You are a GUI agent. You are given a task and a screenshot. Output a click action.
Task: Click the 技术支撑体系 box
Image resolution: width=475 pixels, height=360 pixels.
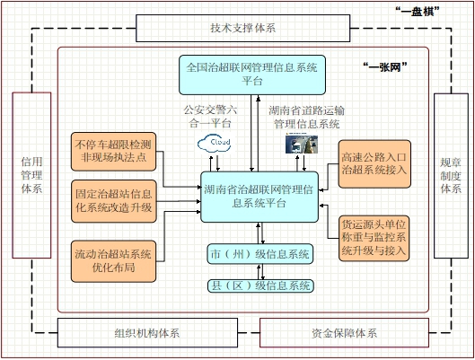243,28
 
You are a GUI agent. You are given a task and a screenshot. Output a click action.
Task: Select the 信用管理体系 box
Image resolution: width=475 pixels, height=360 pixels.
31,175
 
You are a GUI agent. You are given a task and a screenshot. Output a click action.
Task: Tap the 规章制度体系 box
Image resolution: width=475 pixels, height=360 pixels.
451,176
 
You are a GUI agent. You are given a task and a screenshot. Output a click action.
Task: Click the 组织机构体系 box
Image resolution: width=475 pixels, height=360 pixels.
147,333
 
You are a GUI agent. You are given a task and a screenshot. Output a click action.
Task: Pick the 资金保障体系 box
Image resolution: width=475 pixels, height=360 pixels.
345,333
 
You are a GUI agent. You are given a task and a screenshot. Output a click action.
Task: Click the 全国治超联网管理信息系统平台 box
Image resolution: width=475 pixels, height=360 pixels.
252,75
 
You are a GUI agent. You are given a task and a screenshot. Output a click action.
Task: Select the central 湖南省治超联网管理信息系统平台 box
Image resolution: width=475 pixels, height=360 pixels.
259,197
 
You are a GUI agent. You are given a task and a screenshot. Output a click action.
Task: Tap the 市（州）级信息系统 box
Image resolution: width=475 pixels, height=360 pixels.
259,254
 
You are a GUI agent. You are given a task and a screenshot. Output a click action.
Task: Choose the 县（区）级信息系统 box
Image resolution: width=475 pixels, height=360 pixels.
260,285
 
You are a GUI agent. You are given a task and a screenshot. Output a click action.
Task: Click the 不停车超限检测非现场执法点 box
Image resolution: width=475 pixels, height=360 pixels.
114,152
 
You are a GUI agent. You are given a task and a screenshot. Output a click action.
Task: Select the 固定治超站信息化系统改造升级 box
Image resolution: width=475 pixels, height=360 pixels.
114,201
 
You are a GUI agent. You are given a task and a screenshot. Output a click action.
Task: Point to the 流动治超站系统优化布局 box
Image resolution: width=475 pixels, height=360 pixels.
114,261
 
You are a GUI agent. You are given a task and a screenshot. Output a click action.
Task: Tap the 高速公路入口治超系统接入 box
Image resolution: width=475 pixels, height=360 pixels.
374,163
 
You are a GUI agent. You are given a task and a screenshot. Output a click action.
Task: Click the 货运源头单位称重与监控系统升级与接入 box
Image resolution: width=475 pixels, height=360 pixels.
374,238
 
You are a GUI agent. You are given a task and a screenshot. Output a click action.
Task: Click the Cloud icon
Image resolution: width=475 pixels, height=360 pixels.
215,144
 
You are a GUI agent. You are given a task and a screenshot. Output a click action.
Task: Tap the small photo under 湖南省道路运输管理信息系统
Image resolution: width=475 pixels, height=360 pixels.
302,145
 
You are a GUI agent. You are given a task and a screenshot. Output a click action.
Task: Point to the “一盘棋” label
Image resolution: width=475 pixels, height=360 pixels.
418,12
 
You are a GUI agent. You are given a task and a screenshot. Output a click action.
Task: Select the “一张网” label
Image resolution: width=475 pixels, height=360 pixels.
385,67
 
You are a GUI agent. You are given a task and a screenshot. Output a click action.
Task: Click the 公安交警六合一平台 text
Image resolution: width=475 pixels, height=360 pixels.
210,117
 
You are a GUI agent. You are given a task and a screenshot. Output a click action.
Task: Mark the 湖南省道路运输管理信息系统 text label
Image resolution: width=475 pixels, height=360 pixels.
306,118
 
